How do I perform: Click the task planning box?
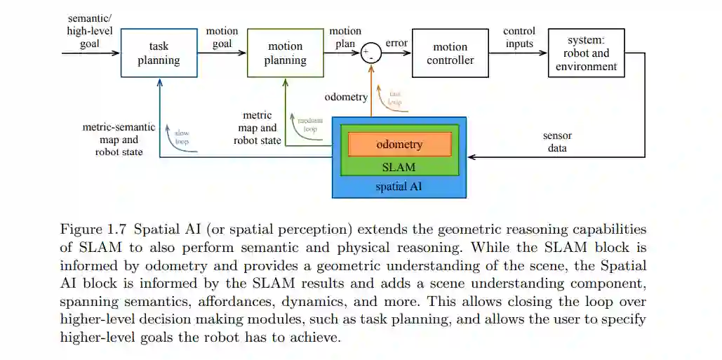click(x=159, y=53)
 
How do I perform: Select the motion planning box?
click(x=285, y=53)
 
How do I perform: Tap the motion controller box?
click(x=450, y=53)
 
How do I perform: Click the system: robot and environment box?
click(x=586, y=53)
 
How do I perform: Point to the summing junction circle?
click(x=370, y=53)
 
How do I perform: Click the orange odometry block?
click(x=399, y=145)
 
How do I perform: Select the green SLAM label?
click(x=399, y=167)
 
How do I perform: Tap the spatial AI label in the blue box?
click(x=399, y=187)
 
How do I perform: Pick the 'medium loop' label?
click(x=309, y=124)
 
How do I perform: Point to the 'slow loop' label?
click(x=182, y=136)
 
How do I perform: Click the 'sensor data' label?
click(x=558, y=142)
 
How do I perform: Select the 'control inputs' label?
click(x=519, y=37)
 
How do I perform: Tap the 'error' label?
click(x=396, y=43)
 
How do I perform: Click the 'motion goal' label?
click(x=222, y=37)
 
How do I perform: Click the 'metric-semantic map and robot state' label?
click(x=119, y=139)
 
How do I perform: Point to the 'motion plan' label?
click(x=345, y=37)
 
